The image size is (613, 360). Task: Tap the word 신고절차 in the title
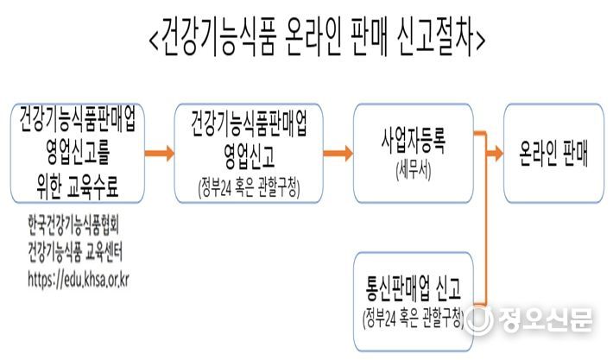[436, 37]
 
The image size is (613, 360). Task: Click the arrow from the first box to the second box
[160, 153]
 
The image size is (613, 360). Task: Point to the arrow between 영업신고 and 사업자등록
[338, 153]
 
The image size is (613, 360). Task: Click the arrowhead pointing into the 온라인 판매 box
[498, 153]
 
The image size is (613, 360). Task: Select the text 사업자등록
[414, 141]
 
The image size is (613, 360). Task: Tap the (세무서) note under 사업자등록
[414, 171]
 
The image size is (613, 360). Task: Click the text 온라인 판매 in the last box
[553, 153]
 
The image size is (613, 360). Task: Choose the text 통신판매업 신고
[414, 288]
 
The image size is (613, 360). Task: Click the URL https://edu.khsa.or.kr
[79, 280]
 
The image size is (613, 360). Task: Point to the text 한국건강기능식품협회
[73, 225]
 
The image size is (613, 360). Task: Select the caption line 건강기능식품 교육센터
[75, 252]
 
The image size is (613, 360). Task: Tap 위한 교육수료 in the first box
[77, 186]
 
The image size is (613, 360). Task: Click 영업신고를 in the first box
[78, 152]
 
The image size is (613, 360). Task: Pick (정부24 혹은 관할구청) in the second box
[249, 188]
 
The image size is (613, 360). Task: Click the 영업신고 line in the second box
[249, 155]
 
